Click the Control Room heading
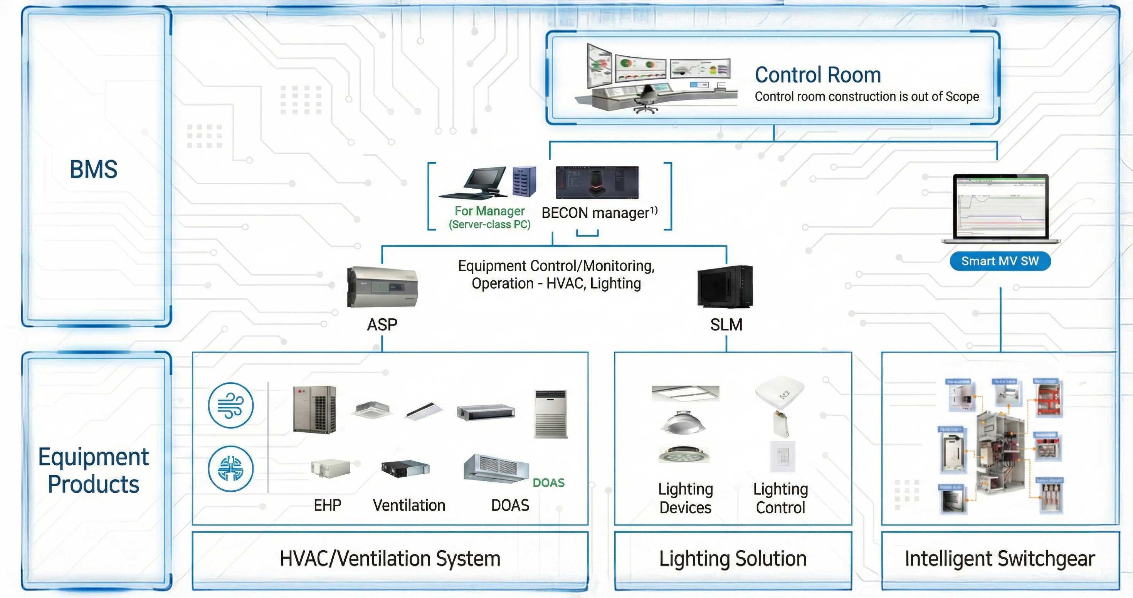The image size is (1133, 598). coord(818,75)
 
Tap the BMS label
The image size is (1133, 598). coord(94,169)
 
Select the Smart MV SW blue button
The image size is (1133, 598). coord(1000,261)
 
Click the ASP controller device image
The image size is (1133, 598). coord(382,287)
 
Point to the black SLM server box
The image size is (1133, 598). coord(725,286)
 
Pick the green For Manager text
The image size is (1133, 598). coord(489,212)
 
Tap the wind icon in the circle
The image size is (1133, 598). coord(231,405)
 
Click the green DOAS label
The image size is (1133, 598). coord(548,483)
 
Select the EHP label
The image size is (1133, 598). coord(327,505)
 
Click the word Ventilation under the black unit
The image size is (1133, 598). coord(409,505)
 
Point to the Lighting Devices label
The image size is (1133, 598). coord(685,498)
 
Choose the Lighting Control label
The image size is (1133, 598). coord(780,498)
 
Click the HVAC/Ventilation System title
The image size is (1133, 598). coord(390,558)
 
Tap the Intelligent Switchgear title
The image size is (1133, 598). coord(999,558)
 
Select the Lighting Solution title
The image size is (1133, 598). coord(733,558)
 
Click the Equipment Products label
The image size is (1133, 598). coord(94,470)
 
